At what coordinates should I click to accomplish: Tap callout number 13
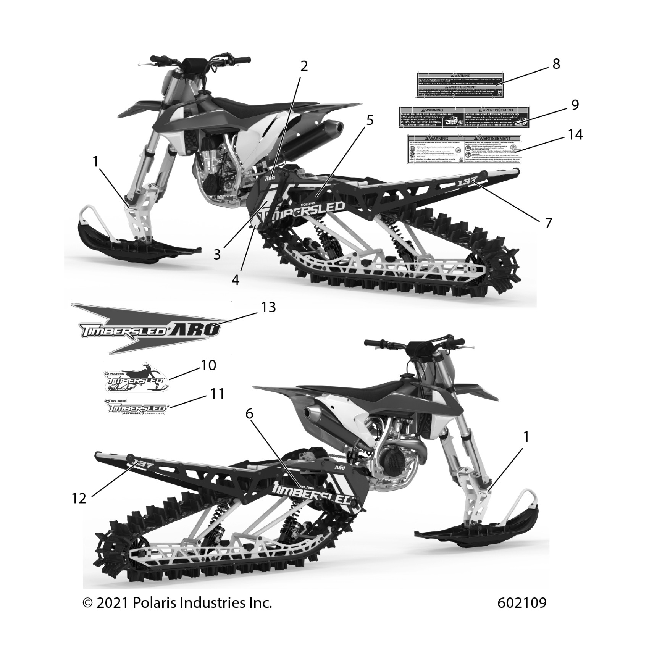268,307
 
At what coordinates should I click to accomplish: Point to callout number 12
79,498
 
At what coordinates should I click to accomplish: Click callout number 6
249,414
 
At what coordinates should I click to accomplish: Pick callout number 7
548,223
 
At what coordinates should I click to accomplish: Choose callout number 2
304,66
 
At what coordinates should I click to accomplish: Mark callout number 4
236,280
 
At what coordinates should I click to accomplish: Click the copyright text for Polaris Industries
177,603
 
